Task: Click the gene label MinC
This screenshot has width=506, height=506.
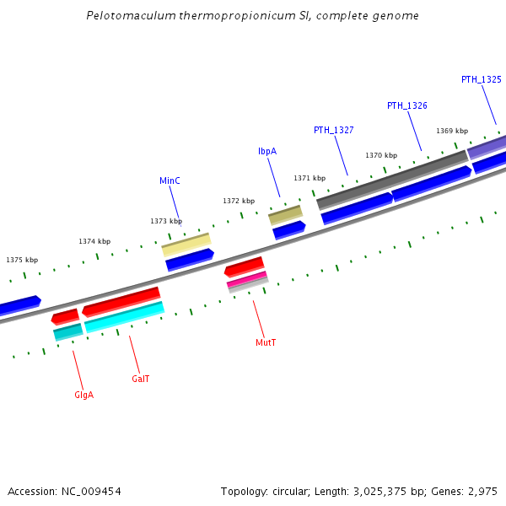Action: point(170,180)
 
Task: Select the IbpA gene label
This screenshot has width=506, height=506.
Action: point(266,151)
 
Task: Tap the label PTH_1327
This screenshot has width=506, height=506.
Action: point(333,130)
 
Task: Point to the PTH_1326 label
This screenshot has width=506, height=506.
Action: point(406,105)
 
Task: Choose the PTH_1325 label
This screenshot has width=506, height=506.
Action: point(481,79)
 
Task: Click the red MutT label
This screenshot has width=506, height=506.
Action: point(266,342)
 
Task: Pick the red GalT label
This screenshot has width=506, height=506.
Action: point(140,379)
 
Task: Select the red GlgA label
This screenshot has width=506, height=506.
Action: point(83,395)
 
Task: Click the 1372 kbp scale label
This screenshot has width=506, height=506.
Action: point(239,201)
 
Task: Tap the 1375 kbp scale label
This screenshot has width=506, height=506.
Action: point(22,260)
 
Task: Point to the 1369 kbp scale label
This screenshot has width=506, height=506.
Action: point(452,131)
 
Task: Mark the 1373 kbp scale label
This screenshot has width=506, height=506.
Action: point(166,221)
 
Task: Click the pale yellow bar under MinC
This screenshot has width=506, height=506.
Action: point(186,245)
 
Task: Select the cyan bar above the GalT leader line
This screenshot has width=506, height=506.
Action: point(124,317)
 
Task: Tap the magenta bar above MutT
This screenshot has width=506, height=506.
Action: point(247,278)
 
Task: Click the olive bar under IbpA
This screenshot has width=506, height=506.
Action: point(285,215)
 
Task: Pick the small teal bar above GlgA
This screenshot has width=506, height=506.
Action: point(67,332)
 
